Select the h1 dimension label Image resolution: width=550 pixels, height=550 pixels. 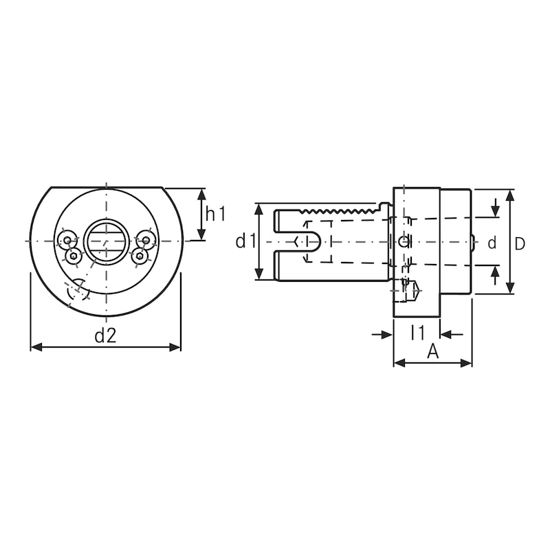(x=216, y=214)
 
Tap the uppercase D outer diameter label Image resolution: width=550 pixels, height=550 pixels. (x=520, y=243)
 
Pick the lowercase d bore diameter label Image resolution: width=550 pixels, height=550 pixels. (x=492, y=243)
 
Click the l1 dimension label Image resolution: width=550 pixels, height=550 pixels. (x=417, y=333)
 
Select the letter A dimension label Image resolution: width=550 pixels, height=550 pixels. (x=432, y=351)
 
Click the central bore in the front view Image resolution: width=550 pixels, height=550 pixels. (x=106, y=241)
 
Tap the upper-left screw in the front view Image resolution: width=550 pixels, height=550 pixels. (x=67, y=240)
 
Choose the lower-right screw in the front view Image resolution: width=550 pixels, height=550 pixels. (x=140, y=256)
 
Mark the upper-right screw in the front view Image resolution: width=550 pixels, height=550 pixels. (x=145, y=240)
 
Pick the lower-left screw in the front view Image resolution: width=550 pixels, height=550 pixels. (x=73, y=256)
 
